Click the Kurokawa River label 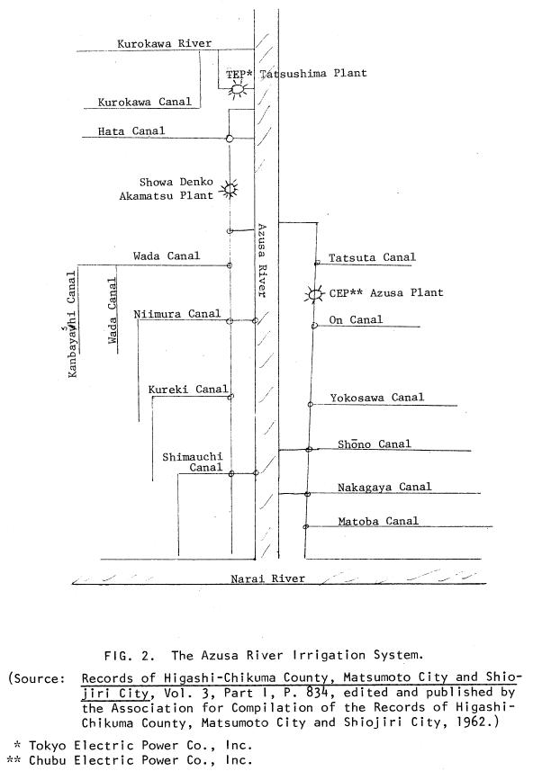[x=165, y=43]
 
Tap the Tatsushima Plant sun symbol [x=238, y=89]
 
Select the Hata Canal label [x=131, y=130]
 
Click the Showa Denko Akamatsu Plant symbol [x=229, y=188]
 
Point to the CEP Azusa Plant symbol [x=314, y=294]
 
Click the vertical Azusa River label [x=262, y=261]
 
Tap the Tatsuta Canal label [x=372, y=257]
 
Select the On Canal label [x=356, y=319]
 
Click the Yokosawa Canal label [x=377, y=398]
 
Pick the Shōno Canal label [x=374, y=444]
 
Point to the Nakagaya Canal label [x=384, y=487]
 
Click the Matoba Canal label [x=378, y=521]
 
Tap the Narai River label [x=267, y=578]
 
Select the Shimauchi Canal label [x=193, y=462]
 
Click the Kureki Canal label [x=188, y=390]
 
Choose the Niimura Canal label [x=177, y=314]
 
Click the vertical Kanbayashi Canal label [x=72, y=325]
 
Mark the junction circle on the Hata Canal [x=230, y=139]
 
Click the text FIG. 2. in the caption [x=130, y=656]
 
